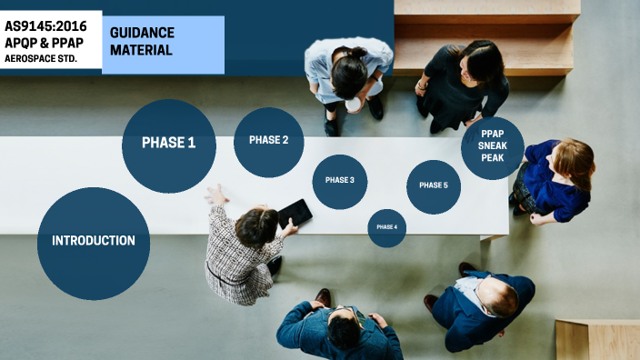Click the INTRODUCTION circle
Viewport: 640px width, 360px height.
click(x=94, y=242)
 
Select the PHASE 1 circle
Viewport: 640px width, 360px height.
click(x=168, y=143)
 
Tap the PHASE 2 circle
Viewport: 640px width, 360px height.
click(x=268, y=141)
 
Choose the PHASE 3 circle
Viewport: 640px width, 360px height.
click(x=339, y=181)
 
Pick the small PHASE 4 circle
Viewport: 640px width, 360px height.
click(x=386, y=227)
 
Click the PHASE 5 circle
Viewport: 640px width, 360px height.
click(x=433, y=186)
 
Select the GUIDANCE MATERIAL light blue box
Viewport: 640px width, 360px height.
click(x=165, y=42)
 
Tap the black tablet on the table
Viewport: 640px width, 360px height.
click(x=295, y=213)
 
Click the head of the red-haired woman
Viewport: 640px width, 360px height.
click(x=575, y=160)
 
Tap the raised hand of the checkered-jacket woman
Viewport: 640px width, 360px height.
click(x=215, y=194)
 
